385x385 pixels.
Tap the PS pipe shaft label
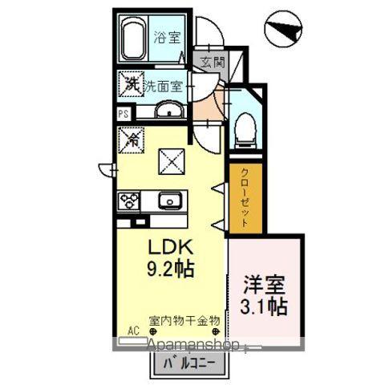[124, 114]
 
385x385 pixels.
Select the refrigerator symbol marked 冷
[132, 138]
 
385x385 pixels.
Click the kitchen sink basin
[168, 201]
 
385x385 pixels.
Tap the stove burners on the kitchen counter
[129, 201]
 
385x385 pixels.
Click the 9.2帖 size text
[171, 267]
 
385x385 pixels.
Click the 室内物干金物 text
[183, 320]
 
